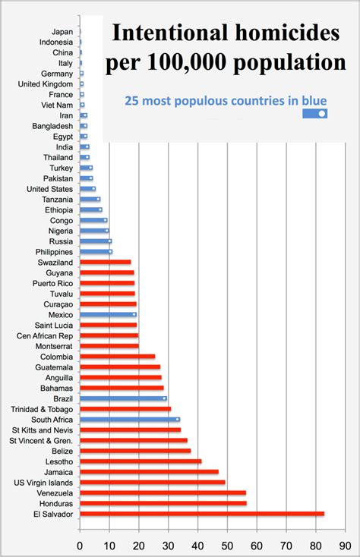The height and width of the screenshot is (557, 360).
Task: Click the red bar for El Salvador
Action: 201,514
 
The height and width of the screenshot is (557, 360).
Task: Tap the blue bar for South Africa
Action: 129,419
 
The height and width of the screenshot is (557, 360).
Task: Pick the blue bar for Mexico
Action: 108,314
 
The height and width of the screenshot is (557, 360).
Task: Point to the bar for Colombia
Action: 117,356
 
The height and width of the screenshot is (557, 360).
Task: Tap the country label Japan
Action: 62,31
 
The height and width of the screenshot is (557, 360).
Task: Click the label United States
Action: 50,188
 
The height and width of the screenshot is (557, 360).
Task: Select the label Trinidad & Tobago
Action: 43,408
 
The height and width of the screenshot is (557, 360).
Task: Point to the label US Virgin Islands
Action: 44,482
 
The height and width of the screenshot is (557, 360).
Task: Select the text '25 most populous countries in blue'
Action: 226,99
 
